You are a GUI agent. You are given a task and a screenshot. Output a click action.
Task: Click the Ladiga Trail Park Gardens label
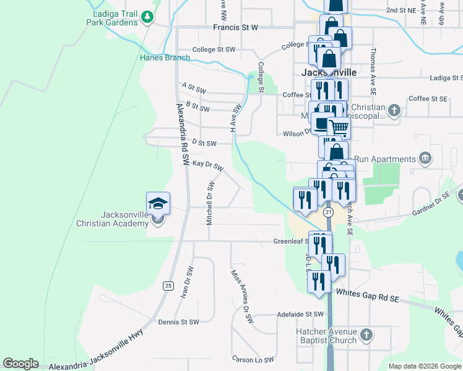tap(115, 17)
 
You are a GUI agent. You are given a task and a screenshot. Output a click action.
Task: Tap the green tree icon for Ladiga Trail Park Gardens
tap(147, 17)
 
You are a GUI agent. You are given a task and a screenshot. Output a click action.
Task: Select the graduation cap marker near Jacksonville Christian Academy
tap(158, 203)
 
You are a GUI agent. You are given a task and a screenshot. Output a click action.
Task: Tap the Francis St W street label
tap(235, 28)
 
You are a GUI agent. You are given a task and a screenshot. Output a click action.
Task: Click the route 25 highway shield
tap(168, 285)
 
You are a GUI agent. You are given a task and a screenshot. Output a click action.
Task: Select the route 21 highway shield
tap(328, 212)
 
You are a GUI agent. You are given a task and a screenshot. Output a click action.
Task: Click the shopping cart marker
tap(338, 127)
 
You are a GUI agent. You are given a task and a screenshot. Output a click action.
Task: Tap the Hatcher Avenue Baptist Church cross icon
tap(366, 336)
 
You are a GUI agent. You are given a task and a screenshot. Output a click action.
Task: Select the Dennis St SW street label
tap(178, 322)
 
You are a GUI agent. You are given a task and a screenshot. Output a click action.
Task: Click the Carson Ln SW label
tap(253, 359)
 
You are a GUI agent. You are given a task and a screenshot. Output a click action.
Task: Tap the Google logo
tap(20, 364)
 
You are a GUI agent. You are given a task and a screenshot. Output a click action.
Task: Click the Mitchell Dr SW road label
tap(210, 203)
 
